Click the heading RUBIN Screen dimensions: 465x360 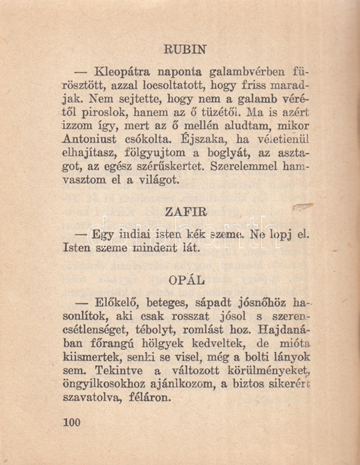185,49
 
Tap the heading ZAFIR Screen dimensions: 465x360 186,212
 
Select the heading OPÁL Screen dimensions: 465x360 186,280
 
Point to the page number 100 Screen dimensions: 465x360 71,422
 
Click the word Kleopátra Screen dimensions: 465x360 122,73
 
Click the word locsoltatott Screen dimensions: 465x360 158,86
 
